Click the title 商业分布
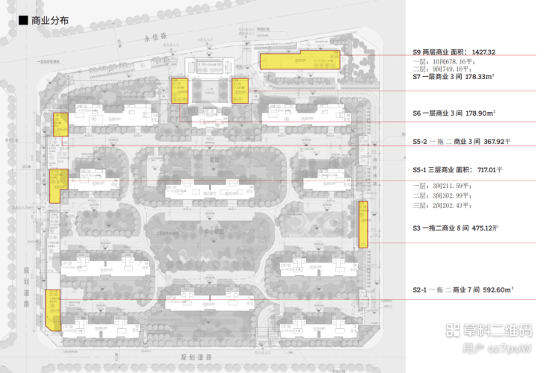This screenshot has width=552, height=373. point(50,21)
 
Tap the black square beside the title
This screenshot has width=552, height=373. point(23,21)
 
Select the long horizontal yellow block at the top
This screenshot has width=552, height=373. point(300,60)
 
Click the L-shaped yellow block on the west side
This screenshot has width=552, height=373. point(56,184)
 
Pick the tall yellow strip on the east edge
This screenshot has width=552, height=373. point(363,224)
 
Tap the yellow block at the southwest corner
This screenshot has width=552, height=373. point(52,309)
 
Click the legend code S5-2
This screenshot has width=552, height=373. point(422,141)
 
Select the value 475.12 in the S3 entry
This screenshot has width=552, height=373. point(489,229)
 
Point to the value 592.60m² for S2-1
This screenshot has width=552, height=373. point(496,289)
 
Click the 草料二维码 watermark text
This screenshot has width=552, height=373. point(493,330)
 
